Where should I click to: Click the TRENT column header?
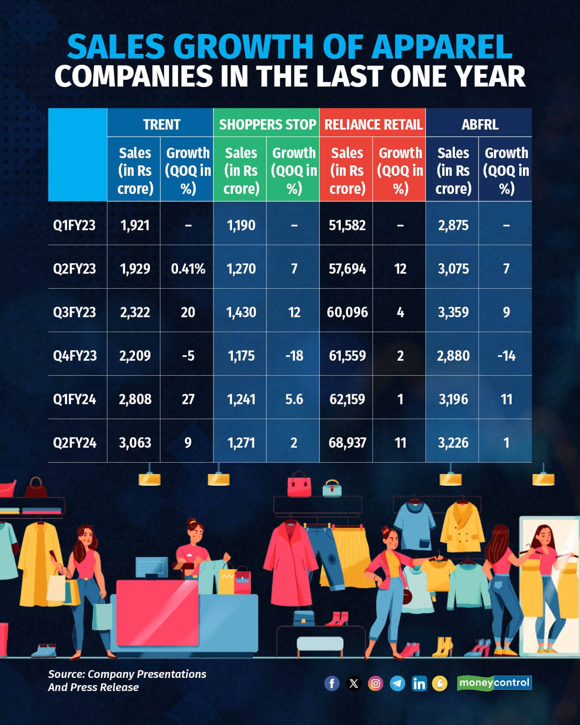pyautogui.click(x=161, y=124)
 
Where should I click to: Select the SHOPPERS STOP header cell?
pyautogui.click(x=267, y=124)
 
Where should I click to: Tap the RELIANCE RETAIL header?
pyautogui.click(x=373, y=124)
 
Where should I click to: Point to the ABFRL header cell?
pyautogui.click(x=480, y=124)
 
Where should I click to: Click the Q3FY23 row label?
pyautogui.click(x=75, y=312)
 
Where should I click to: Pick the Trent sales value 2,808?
pyautogui.click(x=135, y=399)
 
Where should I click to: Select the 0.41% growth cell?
pyautogui.click(x=188, y=269)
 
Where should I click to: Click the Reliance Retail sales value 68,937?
pyautogui.click(x=347, y=443)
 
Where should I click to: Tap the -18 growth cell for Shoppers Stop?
pyautogui.click(x=294, y=356)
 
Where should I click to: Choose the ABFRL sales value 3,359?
pyautogui.click(x=453, y=312)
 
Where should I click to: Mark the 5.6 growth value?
pyautogui.click(x=294, y=399)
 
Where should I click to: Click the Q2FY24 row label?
pyautogui.click(x=75, y=443)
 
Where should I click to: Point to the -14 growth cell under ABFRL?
pyautogui.click(x=506, y=356)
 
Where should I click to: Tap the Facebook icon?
pyautogui.click(x=332, y=683)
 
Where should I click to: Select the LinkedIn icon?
pyautogui.click(x=419, y=683)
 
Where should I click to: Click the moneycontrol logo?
pyautogui.click(x=494, y=682)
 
